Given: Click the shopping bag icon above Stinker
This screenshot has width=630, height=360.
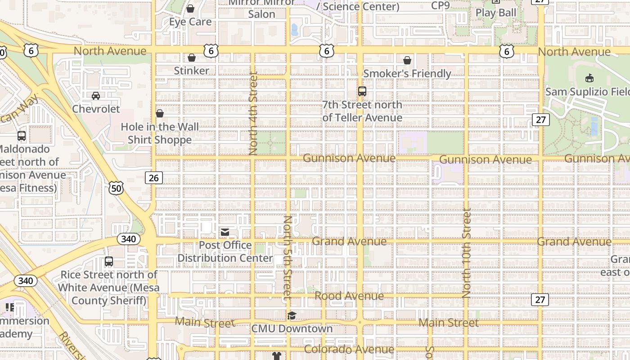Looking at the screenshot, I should [192, 58].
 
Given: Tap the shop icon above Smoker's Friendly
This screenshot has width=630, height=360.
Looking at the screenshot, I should [407, 60].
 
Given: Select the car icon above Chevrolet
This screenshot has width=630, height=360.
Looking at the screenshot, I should [96, 96].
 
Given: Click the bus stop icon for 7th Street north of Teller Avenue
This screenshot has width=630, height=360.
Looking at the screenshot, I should [362, 91].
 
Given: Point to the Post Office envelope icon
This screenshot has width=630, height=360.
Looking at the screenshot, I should [225, 232].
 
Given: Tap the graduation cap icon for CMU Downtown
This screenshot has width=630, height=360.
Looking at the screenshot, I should [292, 315].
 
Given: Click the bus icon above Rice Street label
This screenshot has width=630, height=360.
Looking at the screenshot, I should [108, 261].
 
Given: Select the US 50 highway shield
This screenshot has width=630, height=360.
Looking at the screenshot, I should [116, 188].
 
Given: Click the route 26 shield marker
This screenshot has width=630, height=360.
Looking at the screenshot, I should [153, 178].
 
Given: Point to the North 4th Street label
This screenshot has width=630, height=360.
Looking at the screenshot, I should [253, 113].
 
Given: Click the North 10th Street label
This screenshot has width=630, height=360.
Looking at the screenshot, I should [467, 252].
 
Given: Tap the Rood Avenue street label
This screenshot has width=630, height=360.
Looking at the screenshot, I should [349, 296].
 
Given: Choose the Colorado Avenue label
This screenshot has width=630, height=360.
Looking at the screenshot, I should [349, 349].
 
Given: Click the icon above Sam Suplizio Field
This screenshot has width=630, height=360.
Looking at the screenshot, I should [589, 78].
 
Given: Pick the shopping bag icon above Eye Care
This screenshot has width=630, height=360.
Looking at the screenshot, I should [190, 9].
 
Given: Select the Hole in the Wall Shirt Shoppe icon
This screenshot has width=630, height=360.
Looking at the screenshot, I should [160, 113].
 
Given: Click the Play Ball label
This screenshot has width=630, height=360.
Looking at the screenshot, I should [496, 13].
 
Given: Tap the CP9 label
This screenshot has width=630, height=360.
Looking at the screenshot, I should [440, 5].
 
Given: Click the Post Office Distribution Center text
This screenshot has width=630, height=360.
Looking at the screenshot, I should [225, 252].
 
